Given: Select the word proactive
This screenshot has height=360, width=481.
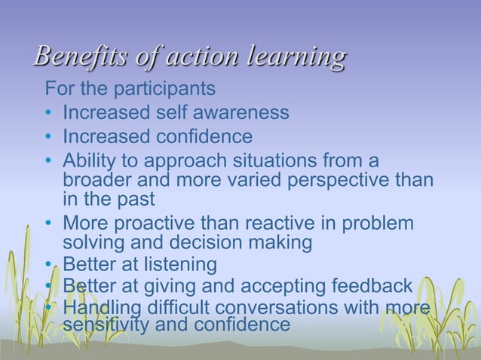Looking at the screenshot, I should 155,224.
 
